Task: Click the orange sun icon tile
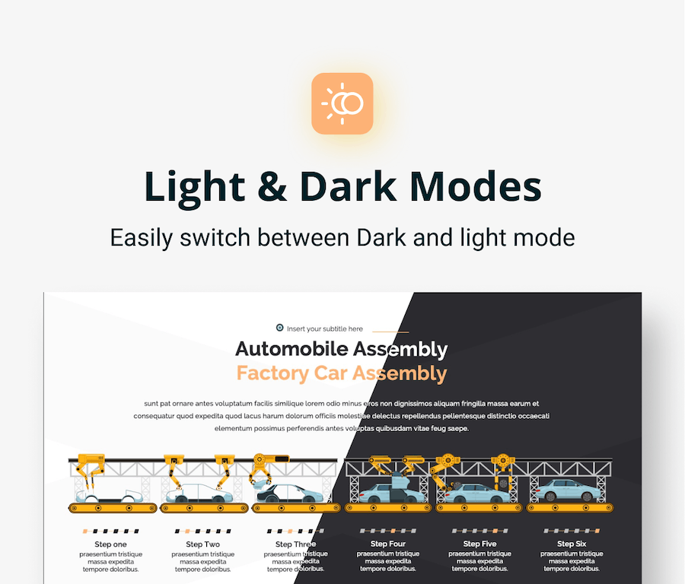[x=342, y=103]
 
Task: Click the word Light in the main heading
[x=194, y=187]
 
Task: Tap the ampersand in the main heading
[x=272, y=187]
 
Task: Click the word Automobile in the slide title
[x=292, y=349]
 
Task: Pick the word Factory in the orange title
[x=272, y=373]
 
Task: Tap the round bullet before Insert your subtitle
[x=279, y=328]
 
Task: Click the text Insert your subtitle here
[x=324, y=328]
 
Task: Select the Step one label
[x=110, y=544]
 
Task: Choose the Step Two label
[x=202, y=544]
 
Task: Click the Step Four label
[x=388, y=544]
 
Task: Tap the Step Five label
[x=479, y=544]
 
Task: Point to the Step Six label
[x=572, y=544]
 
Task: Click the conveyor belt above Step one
[x=113, y=508]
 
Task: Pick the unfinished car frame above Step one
[x=109, y=496]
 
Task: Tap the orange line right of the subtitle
[x=390, y=332]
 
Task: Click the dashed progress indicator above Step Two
[x=202, y=532]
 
